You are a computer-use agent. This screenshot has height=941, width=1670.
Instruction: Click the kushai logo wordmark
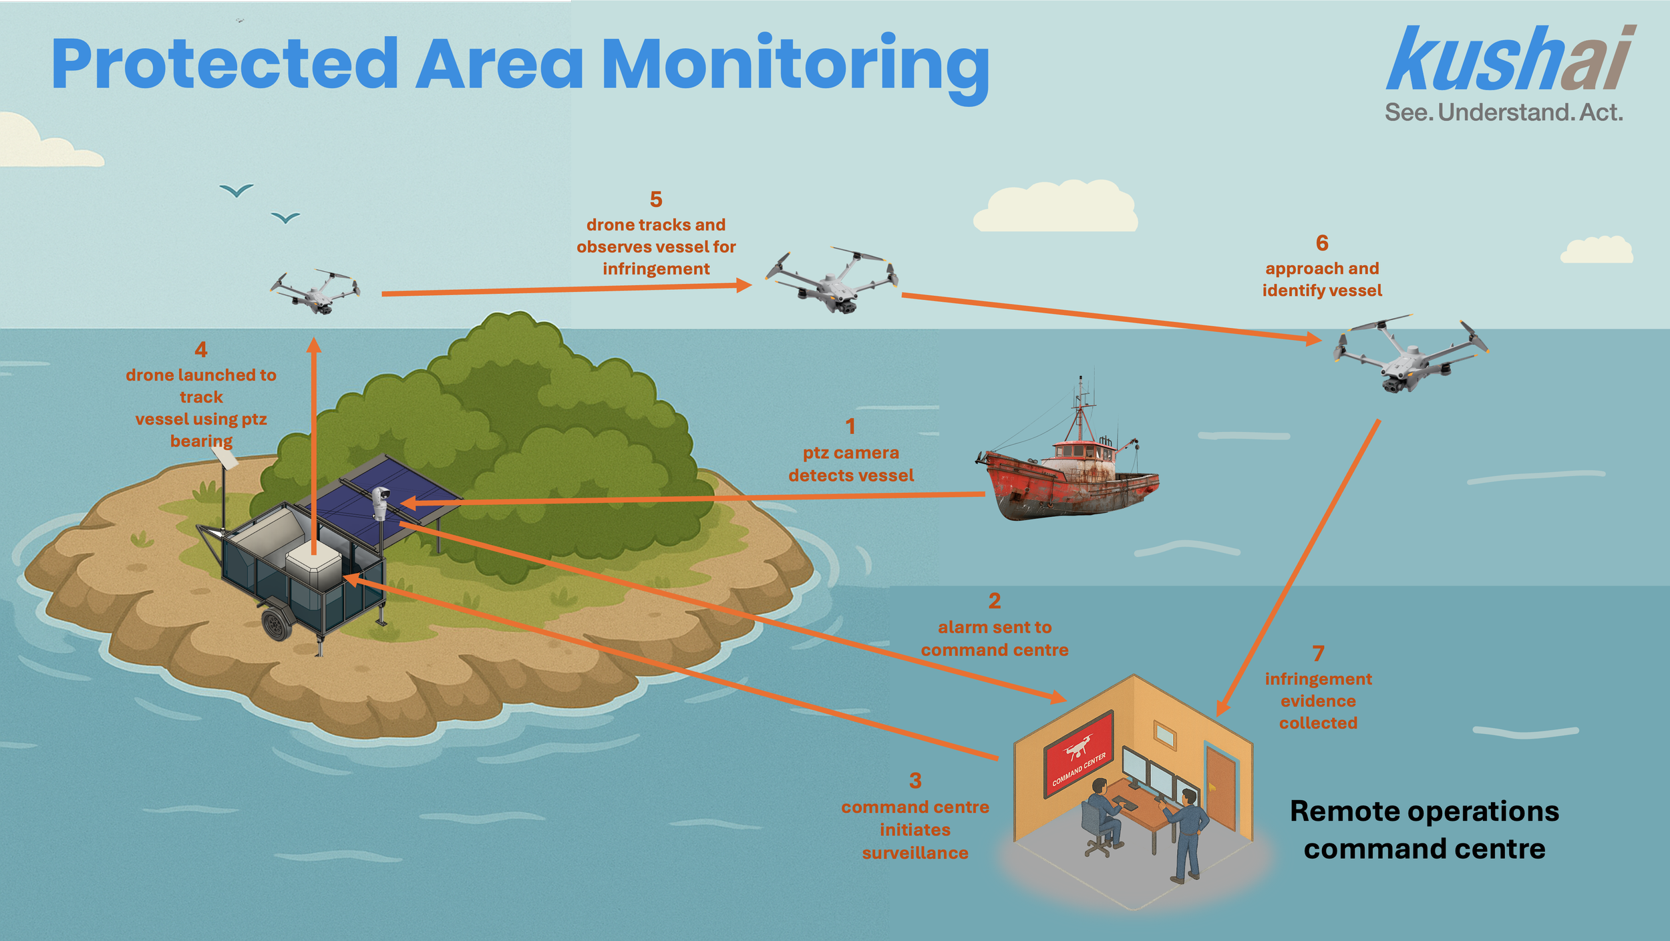tap(1510, 60)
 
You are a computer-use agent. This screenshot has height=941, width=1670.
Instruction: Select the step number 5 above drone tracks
tap(656, 199)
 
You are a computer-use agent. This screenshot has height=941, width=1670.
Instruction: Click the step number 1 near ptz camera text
tap(850, 426)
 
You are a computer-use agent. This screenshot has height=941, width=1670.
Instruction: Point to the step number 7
tap(1318, 653)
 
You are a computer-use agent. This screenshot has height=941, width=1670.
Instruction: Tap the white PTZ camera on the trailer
tap(380, 501)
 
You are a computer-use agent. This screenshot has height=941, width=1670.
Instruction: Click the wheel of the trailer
tap(276, 624)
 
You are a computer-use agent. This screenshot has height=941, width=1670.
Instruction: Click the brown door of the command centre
tap(1220, 788)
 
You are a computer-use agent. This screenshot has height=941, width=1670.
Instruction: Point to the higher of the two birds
tap(236, 191)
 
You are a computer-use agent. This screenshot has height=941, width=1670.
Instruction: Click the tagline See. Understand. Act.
tap(1503, 112)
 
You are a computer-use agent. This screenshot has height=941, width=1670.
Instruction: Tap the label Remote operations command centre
tap(1424, 829)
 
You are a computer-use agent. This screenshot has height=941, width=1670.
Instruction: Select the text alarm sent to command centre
tap(994, 638)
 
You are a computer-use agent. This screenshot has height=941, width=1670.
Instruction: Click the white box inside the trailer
tap(314, 568)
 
